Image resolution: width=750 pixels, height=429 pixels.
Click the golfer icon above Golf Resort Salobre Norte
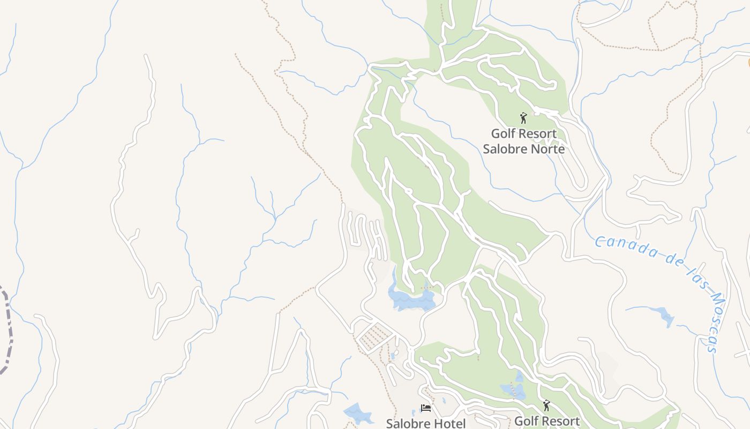pos(523,118)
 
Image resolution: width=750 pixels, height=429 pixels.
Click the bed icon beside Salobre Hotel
pos(425,409)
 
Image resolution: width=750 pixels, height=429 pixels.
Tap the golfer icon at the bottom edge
pos(546,405)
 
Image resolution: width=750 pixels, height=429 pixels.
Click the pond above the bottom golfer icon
pos(513,390)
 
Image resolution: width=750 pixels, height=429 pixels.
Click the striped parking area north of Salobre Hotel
pos(375,337)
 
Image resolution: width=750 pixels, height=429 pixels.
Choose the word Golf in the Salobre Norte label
pos(502,134)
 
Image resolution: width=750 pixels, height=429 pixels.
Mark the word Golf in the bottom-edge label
pos(526,421)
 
